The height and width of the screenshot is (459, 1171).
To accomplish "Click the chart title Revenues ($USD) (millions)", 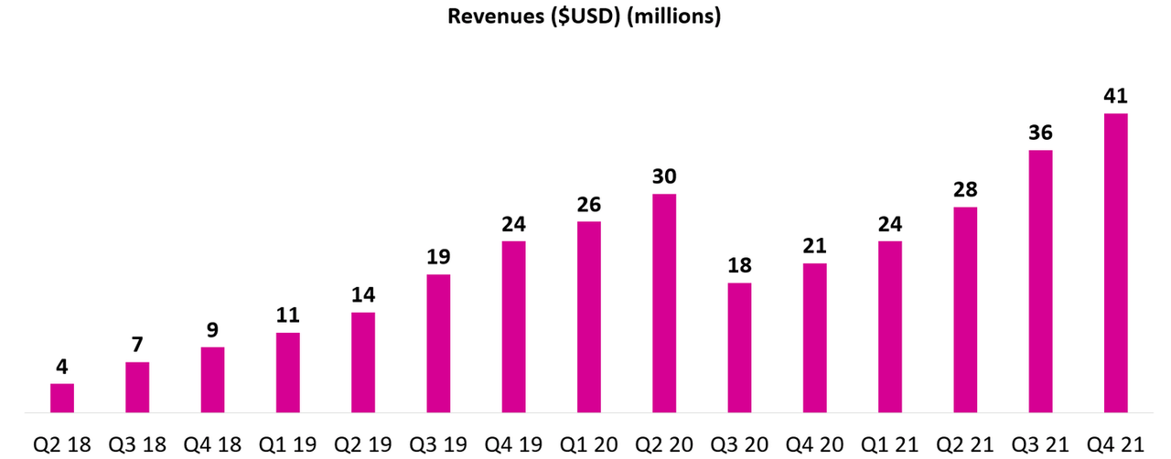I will tap(584, 17).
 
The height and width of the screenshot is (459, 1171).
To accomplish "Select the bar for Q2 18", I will tap(62, 398).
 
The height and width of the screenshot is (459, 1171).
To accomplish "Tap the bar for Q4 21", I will tap(1115, 262).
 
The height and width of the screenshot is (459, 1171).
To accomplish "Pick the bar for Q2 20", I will tap(664, 303).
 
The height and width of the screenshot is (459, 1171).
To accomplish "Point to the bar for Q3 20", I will tap(739, 347).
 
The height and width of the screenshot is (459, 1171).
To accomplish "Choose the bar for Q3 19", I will tap(438, 343).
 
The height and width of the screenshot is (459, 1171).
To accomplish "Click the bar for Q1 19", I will tap(288, 372).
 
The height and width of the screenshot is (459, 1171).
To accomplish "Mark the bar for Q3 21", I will tap(1040, 281).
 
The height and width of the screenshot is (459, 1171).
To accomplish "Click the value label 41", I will tap(1115, 96).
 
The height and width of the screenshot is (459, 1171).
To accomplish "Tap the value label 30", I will tap(664, 176).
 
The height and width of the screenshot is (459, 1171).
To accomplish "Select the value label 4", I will tap(62, 367).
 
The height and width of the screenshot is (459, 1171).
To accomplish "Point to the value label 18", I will tap(739, 265).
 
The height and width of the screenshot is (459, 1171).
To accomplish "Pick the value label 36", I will tap(1040, 133).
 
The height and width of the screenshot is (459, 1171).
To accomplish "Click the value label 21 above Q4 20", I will tap(814, 246).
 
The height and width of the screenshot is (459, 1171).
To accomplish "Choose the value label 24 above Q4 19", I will tap(513, 224).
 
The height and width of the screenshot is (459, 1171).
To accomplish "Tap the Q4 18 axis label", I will tap(212, 444).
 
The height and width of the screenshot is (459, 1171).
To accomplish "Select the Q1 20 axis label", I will tap(588, 444).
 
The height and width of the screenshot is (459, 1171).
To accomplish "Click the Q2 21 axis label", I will tap(964, 444).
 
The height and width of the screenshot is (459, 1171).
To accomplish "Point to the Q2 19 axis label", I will tap(363, 444).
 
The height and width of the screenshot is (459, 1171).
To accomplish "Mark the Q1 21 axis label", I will tap(889, 444).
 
